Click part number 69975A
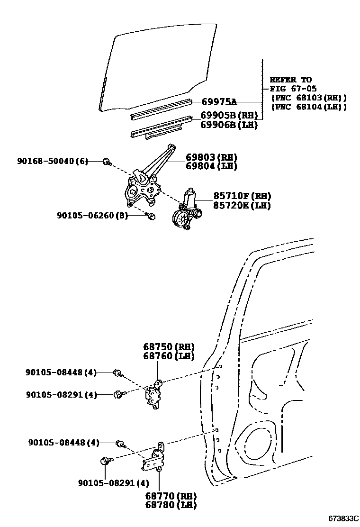[x=219, y=102]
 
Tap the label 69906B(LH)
[x=229, y=125]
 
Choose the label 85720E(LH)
[x=235, y=205]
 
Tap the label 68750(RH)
[x=169, y=347]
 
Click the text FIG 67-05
[x=293, y=89]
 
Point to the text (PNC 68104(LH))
[x=308, y=107]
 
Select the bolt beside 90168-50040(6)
[x=108, y=162]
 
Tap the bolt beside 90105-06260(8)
[x=151, y=217]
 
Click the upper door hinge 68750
[x=154, y=393]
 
